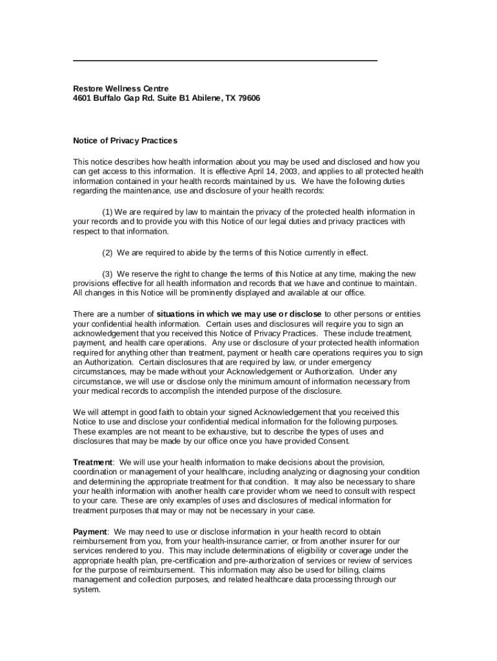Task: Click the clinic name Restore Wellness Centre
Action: tap(121, 88)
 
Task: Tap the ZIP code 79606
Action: tap(248, 98)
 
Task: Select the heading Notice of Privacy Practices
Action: tap(125, 141)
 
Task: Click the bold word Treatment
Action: tap(93, 462)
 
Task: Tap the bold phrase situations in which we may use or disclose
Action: tap(239, 314)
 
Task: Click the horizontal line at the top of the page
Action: tap(225, 61)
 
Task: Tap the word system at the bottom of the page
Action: tap(86, 590)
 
